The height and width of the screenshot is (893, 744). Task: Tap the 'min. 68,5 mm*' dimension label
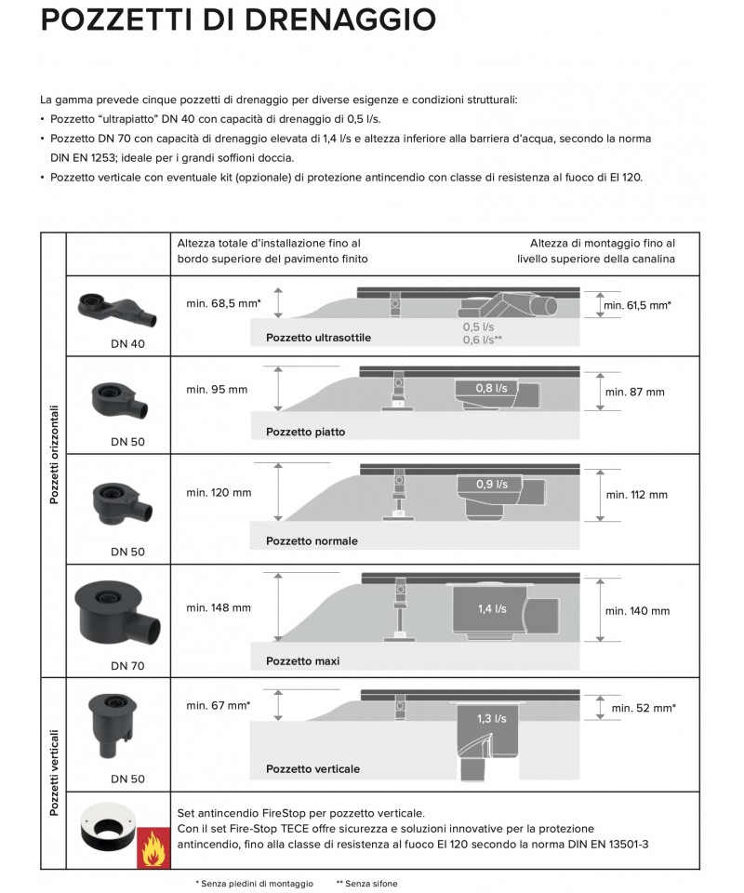tap(223, 304)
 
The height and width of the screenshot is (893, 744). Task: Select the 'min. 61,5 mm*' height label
tap(638, 305)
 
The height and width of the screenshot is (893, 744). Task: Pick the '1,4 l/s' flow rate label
tap(492, 608)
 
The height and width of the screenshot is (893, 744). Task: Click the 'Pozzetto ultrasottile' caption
tap(318, 338)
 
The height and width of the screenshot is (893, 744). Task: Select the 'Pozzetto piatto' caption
tap(305, 432)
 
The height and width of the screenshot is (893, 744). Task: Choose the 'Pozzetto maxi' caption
tap(302, 661)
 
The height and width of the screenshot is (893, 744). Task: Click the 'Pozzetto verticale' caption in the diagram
tap(312, 769)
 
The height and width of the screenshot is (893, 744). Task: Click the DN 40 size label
tap(126, 344)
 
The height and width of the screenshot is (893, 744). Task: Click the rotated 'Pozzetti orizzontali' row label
tap(54, 454)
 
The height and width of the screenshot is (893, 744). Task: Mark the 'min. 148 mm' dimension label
tap(219, 608)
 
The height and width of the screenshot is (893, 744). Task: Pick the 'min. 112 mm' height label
tap(637, 495)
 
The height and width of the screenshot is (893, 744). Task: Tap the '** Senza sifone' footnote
tap(366, 883)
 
